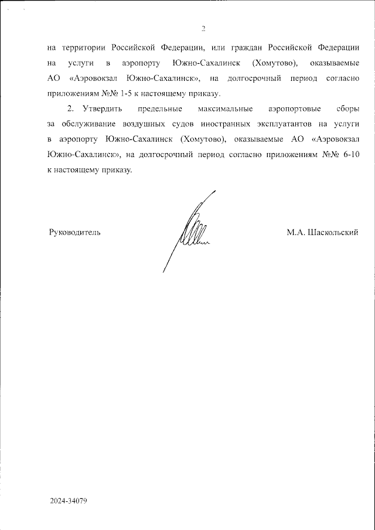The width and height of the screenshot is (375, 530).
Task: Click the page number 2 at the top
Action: (203, 28)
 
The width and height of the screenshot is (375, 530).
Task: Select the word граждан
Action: (244, 47)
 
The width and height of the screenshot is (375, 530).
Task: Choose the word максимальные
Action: (222, 109)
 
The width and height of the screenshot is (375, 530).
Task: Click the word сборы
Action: (343, 109)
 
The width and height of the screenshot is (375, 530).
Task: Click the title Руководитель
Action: (74, 232)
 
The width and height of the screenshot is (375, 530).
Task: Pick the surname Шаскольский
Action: (332, 232)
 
